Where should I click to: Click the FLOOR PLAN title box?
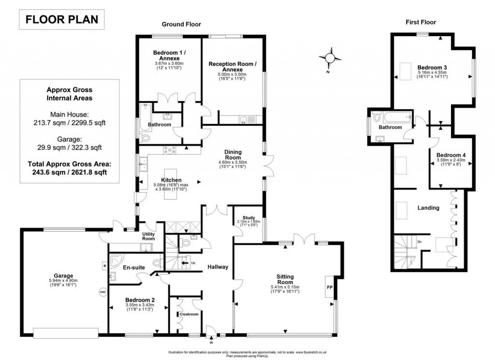pyautogui.click(x=61, y=20)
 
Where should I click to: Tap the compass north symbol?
pyautogui.click(x=330, y=58)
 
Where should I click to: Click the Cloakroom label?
pyautogui.click(x=189, y=314)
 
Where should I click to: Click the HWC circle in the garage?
pyautogui.click(x=102, y=292)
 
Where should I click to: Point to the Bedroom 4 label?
pyautogui.click(x=450, y=155)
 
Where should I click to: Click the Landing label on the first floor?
pyautogui.click(x=428, y=208)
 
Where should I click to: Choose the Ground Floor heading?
pyautogui.click(x=181, y=24)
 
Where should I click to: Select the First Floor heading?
pyautogui.click(x=420, y=22)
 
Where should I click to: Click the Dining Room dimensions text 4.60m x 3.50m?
pyautogui.click(x=233, y=162)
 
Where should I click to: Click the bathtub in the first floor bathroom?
pyautogui.click(x=395, y=117)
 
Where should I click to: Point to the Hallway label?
pyautogui.click(x=218, y=267)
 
